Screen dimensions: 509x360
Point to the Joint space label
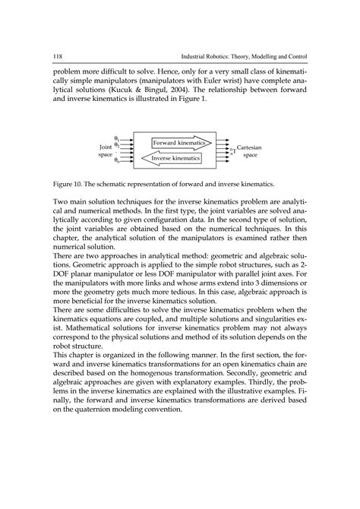[x=106, y=150]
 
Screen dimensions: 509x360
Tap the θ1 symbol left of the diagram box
[x=116, y=139]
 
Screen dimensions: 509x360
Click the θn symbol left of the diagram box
[x=116, y=161]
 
